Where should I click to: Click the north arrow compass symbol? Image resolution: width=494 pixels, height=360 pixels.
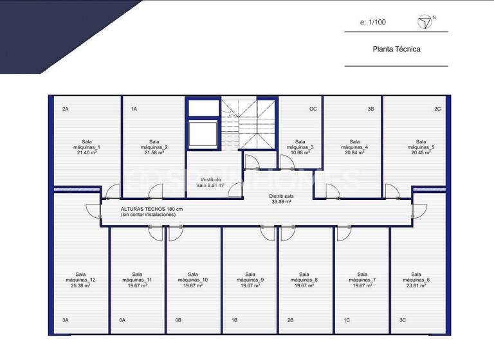coord(425,23)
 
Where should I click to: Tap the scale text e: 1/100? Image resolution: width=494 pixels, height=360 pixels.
coord(373,22)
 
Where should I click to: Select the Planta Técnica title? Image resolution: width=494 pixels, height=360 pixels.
coord(396,49)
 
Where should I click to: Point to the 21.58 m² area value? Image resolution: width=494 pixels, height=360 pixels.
coord(154,153)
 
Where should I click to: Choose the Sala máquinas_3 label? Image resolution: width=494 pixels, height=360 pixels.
coord(300,145)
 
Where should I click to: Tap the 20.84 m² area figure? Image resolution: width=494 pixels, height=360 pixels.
coord(354,153)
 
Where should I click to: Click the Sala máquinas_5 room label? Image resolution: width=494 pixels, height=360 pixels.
coord(421,145)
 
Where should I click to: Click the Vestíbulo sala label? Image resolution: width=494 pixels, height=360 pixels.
coord(211,182)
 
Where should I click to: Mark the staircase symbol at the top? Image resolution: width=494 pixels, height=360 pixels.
coord(248,125)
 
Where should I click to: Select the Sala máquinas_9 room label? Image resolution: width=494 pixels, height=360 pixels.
coord(250,277)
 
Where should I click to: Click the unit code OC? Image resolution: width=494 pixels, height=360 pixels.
coord(313,109)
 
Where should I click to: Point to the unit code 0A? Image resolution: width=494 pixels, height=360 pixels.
coord(122,319)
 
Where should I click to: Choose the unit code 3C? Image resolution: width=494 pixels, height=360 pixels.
coord(403,319)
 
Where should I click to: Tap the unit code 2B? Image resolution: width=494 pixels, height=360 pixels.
coord(291,319)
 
